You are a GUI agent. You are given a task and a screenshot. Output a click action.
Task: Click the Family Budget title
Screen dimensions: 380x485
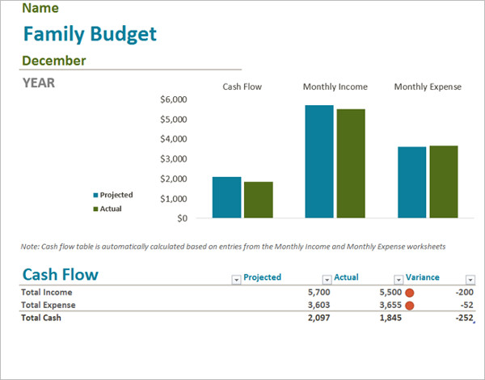click(x=90, y=34)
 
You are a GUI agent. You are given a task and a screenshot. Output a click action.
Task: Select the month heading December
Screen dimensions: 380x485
click(x=54, y=61)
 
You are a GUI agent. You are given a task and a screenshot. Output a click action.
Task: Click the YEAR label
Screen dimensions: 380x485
click(x=39, y=82)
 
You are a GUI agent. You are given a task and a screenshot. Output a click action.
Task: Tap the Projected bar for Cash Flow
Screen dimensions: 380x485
click(x=226, y=197)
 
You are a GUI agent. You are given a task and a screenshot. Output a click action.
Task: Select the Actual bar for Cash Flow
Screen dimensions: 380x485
click(x=259, y=200)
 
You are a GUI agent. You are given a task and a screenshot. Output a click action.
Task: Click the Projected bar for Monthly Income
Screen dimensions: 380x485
click(x=318, y=162)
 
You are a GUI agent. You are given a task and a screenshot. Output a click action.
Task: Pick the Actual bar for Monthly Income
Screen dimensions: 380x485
click(x=351, y=163)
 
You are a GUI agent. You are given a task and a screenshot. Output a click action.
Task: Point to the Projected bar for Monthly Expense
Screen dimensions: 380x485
click(x=411, y=182)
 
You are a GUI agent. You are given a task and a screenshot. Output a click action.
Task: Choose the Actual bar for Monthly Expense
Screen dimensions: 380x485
click(x=444, y=182)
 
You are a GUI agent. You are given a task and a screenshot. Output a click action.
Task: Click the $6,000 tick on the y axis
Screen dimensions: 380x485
click(x=174, y=99)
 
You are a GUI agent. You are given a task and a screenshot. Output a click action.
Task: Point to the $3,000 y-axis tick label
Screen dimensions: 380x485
click(x=174, y=158)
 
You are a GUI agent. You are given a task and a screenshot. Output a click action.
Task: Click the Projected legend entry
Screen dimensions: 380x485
click(x=116, y=195)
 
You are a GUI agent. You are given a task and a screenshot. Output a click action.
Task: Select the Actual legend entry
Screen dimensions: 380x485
click(x=111, y=209)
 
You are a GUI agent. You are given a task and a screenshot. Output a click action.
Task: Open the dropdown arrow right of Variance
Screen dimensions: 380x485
click(x=470, y=279)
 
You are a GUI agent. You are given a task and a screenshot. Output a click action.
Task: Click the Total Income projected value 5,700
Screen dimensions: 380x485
click(x=320, y=292)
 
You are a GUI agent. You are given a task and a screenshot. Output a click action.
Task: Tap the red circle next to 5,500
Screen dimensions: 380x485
click(x=409, y=293)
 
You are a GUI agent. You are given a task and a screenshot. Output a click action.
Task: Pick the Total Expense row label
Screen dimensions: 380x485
click(x=48, y=305)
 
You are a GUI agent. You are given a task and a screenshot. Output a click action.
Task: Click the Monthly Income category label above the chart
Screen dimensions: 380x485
click(x=335, y=87)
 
